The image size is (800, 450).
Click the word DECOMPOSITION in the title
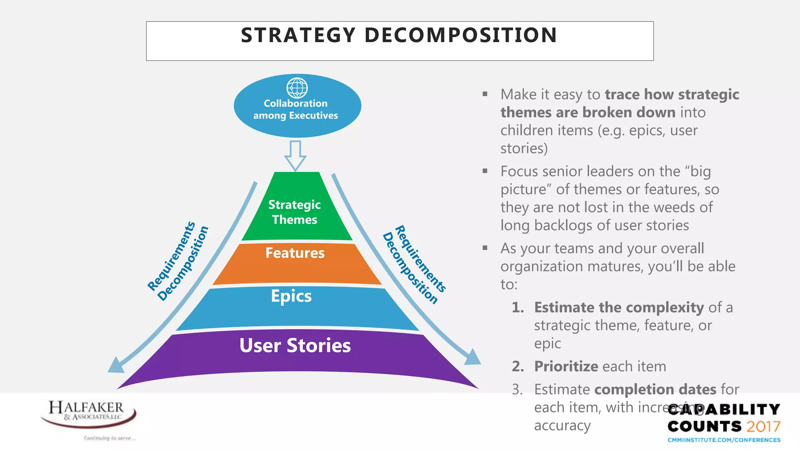pyautogui.click(x=461, y=35)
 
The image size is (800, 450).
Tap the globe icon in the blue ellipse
pyautogui.click(x=297, y=88)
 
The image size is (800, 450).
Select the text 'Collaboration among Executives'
pyautogui.click(x=296, y=109)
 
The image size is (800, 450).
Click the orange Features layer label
pyautogui.click(x=295, y=253)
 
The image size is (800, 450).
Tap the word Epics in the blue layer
pyautogui.click(x=291, y=296)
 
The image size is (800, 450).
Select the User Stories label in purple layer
pyautogui.click(x=295, y=346)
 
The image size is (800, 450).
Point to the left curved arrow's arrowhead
pyautogui.click(x=116, y=366)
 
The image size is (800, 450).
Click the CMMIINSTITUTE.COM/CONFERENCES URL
pyautogui.click(x=724, y=440)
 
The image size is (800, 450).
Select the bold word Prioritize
pyautogui.click(x=566, y=366)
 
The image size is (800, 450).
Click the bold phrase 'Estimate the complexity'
pyautogui.click(x=619, y=307)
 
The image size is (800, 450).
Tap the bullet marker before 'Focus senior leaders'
pyautogui.click(x=485, y=171)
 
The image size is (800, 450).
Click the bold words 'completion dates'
pyautogui.click(x=655, y=389)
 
